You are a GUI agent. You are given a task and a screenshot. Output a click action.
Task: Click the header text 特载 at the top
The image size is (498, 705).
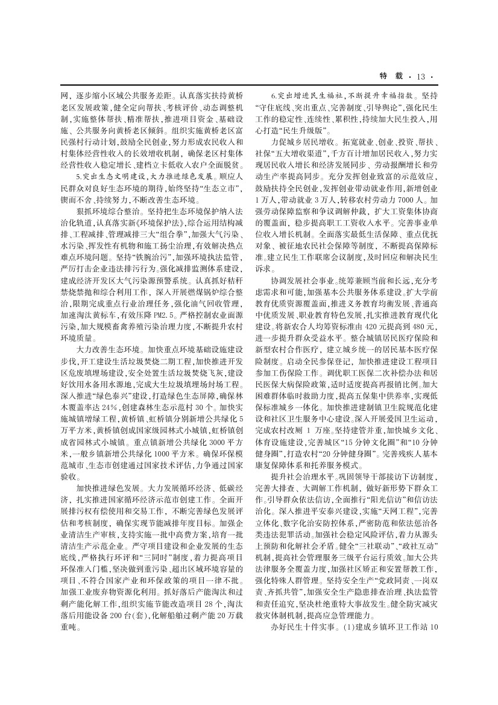point(393,76)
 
